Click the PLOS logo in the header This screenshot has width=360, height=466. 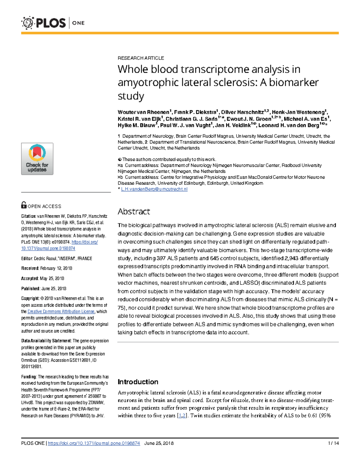pos(44,23)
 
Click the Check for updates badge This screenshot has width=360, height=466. pos(37,159)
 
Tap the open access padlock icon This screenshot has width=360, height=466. pos(24,205)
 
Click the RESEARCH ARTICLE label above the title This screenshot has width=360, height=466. pos(141,58)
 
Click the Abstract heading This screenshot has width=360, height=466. pos(133,212)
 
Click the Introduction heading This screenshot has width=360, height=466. pos(138,382)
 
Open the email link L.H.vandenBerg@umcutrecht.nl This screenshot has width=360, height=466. pos(154,189)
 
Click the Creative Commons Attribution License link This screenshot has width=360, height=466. pos(61,311)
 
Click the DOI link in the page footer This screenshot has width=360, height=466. pos(94,443)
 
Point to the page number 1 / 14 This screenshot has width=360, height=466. pos(333,443)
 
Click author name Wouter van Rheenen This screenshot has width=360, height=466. pos(143,112)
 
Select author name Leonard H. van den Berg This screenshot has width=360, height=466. pos(289,125)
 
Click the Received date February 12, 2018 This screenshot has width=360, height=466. pos(56,268)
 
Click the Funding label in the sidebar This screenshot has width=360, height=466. pos(29,377)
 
